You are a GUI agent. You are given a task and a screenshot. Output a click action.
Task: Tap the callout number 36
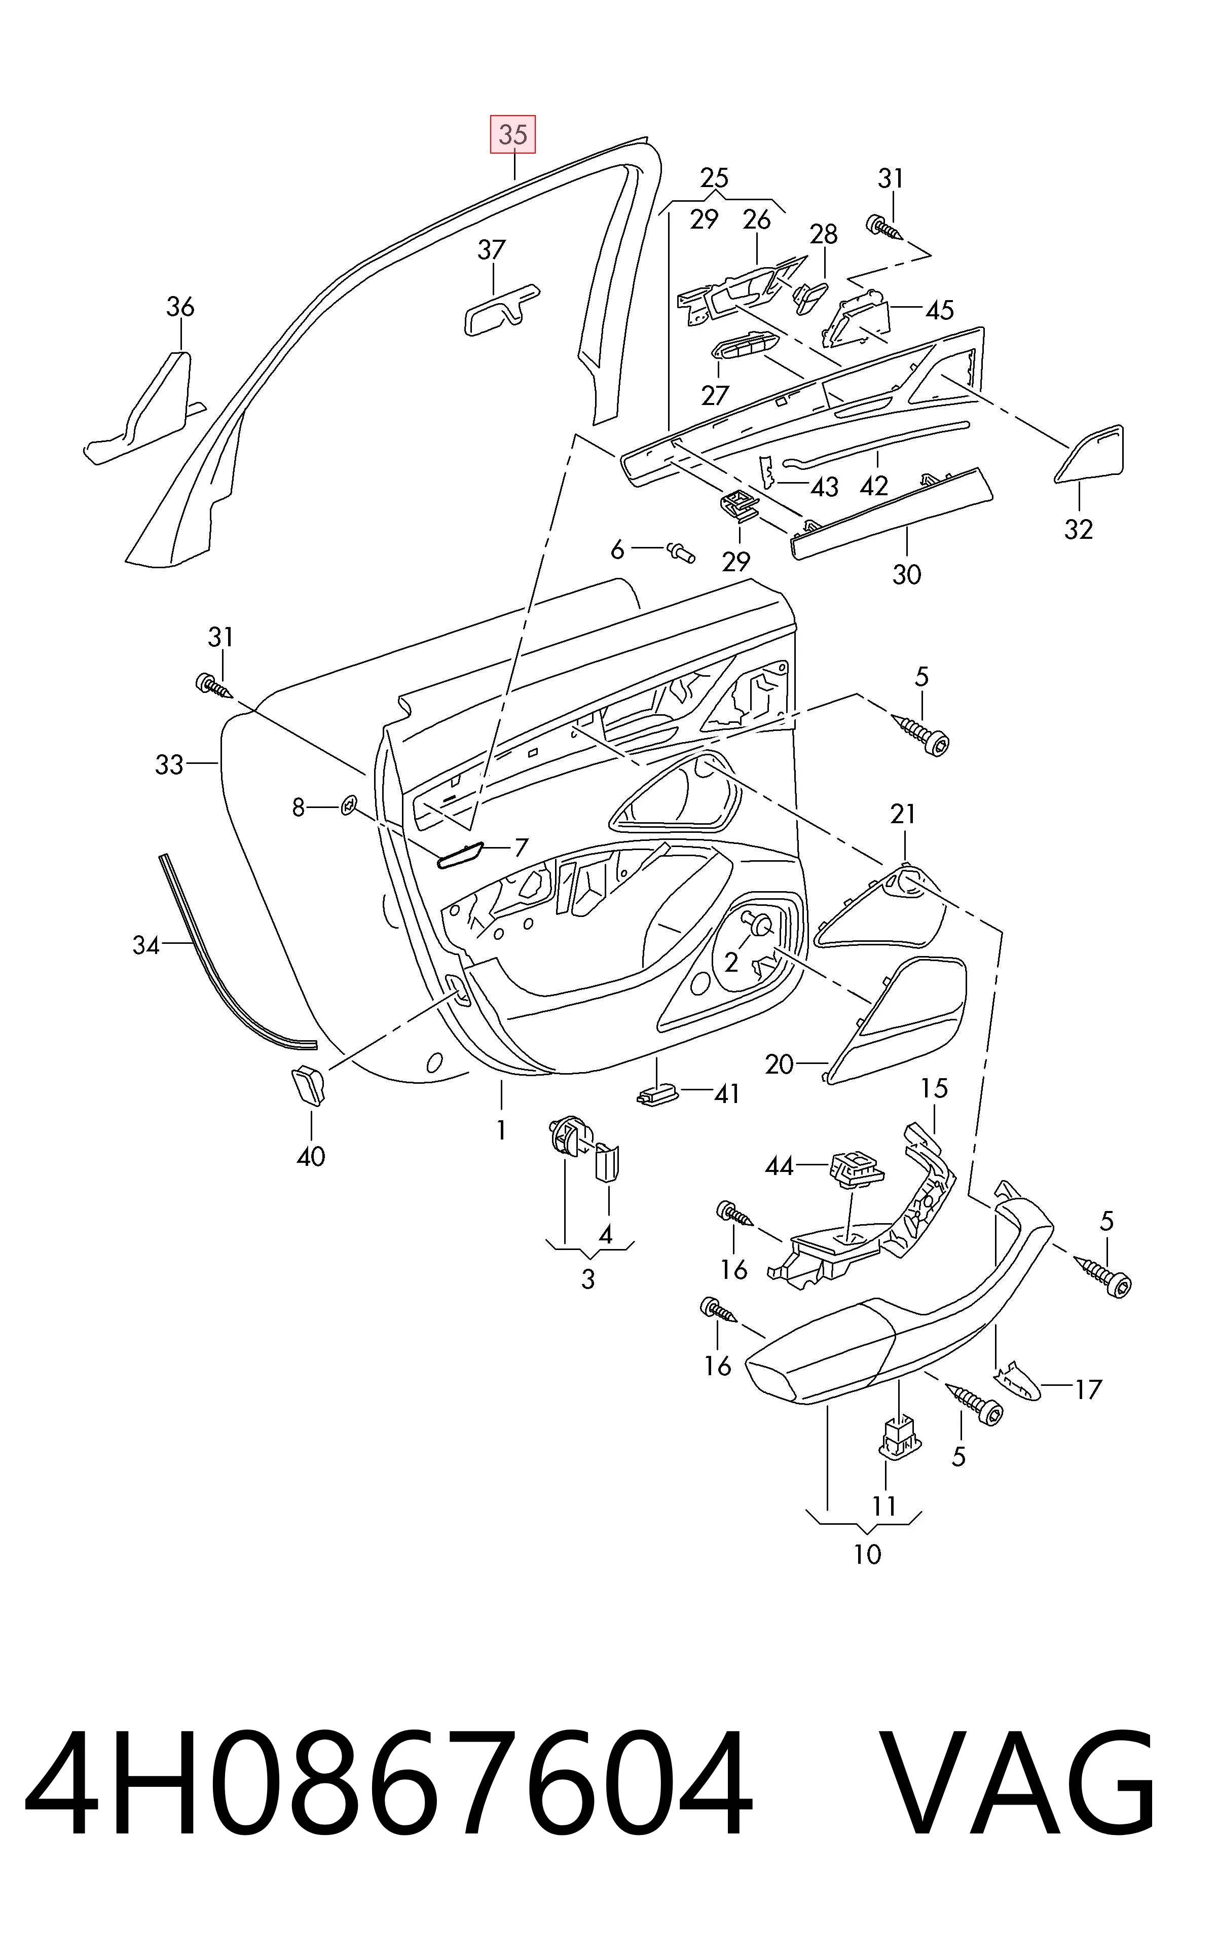pyautogui.click(x=180, y=307)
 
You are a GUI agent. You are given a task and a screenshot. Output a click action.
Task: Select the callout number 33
pyautogui.click(x=169, y=764)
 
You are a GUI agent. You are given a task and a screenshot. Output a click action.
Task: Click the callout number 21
pyautogui.click(x=903, y=815)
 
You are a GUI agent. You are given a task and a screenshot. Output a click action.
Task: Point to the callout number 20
pyautogui.click(x=779, y=1065)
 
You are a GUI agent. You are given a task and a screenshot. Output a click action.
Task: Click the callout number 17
pyautogui.click(x=1087, y=1389)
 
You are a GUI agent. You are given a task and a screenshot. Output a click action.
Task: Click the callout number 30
pyautogui.click(x=906, y=575)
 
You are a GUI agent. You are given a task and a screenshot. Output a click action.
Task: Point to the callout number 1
pyautogui.click(x=501, y=1130)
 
